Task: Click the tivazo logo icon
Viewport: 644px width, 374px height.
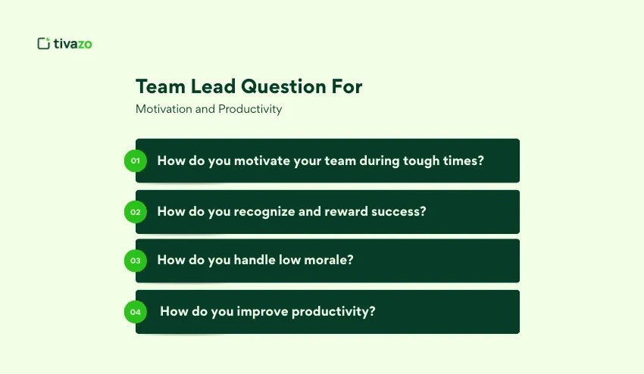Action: pyautogui.click(x=43, y=43)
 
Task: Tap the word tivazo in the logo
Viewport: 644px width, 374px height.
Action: pyautogui.click(x=73, y=44)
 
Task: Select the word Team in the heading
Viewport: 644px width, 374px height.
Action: pyautogui.click(x=157, y=86)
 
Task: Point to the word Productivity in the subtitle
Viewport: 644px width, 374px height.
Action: pyautogui.click(x=250, y=109)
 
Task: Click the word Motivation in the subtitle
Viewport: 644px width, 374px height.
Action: pyautogui.click(x=164, y=109)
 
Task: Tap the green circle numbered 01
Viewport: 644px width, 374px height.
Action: pyautogui.click(x=136, y=161)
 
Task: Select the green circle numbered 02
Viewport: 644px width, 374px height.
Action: pyautogui.click(x=136, y=212)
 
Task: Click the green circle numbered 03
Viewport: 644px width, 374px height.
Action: pyautogui.click(x=136, y=260)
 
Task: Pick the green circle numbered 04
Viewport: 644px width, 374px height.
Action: pyautogui.click(x=136, y=311)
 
